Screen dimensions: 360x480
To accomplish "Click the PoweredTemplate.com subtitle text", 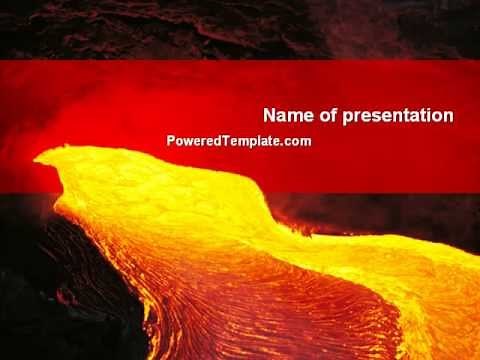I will point(239,142).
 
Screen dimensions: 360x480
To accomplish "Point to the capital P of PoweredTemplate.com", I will point(171,142).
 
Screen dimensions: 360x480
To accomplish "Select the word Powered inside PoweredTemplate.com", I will point(194,142).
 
